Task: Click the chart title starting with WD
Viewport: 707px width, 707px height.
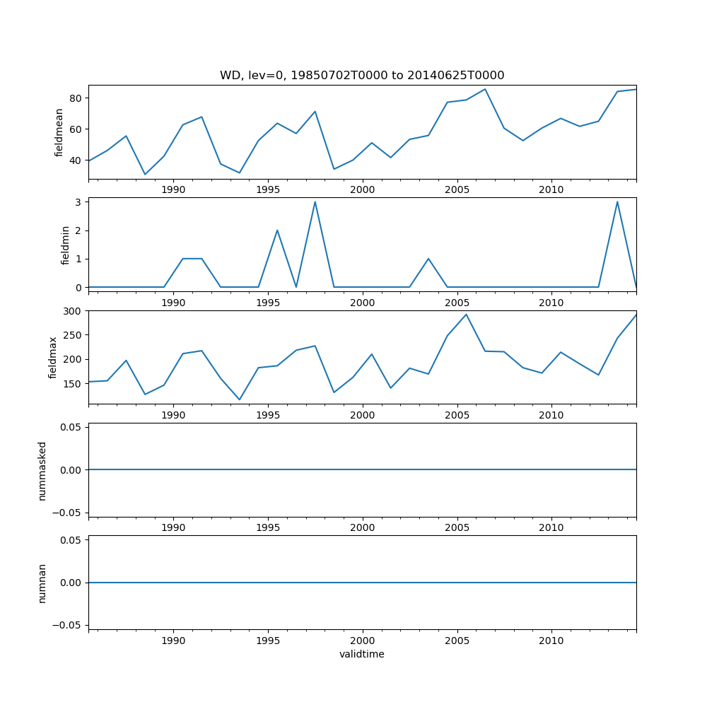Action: coord(362,76)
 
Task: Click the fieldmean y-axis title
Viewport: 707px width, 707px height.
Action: coord(59,132)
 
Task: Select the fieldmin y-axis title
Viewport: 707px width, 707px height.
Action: coord(65,245)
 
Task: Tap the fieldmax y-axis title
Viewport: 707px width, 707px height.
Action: coord(53,357)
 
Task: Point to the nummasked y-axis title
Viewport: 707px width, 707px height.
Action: coord(42,470)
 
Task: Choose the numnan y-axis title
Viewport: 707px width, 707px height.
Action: coord(42,583)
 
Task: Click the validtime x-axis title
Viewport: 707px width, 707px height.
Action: coord(362,655)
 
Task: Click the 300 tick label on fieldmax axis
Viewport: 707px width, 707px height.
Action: coord(74,311)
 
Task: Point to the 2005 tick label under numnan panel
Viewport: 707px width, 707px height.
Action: coord(457,641)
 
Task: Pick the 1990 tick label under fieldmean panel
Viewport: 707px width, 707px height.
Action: coord(173,190)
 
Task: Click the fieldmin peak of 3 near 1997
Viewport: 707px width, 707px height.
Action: coord(315,201)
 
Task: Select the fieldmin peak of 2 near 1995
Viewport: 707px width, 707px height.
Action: coord(277,230)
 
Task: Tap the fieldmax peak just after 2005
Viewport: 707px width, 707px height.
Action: coord(466,314)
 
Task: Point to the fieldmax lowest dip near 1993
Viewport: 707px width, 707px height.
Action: coord(239,399)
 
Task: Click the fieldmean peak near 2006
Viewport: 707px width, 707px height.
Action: coord(485,89)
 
